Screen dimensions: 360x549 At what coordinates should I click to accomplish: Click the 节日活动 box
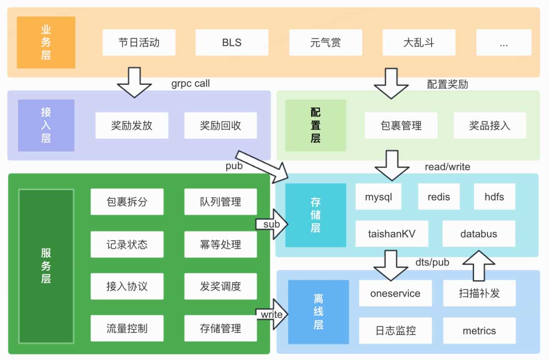[139, 43]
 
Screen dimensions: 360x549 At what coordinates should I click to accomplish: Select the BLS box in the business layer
[232, 43]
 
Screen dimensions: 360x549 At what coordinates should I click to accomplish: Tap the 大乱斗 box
[419, 43]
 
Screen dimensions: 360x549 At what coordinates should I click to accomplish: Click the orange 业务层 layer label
[46, 43]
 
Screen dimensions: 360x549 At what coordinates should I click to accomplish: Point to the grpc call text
[191, 83]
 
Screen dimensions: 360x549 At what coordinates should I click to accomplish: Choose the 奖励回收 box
[221, 126]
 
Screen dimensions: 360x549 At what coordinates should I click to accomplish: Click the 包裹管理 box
[401, 126]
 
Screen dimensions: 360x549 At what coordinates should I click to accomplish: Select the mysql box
[379, 197]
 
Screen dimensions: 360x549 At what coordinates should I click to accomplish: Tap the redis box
[439, 197]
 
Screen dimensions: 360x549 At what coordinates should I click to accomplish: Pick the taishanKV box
[392, 234]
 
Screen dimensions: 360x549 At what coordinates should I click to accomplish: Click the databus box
[479, 234]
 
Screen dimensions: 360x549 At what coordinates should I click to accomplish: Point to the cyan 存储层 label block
[316, 215]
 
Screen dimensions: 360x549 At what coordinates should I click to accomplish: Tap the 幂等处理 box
[221, 245]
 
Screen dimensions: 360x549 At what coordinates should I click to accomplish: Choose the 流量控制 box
[127, 328]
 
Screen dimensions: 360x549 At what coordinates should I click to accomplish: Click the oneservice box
[395, 293]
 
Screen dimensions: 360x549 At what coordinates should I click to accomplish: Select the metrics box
[479, 331]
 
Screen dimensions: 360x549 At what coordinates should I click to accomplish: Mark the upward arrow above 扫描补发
[478, 265]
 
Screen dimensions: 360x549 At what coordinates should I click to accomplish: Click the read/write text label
[447, 167]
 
